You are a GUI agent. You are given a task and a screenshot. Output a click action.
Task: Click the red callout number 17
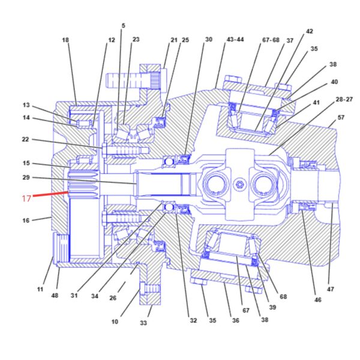[x=26, y=199]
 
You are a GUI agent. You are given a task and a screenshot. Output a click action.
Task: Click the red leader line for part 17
[x=51, y=194]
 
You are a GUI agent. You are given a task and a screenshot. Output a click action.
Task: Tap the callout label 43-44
[x=235, y=40]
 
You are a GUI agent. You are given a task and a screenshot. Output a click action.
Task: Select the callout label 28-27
[x=344, y=99]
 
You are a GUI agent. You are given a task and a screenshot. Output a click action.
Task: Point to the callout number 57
[x=341, y=118]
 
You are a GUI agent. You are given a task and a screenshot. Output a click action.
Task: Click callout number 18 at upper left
[x=65, y=40]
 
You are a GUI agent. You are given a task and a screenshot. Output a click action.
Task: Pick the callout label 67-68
[x=271, y=40]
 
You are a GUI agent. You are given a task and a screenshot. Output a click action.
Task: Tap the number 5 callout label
[x=123, y=25]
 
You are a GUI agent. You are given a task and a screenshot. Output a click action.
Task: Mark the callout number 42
[x=309, y=31]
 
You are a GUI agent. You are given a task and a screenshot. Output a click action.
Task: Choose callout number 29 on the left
[x=26, y=177]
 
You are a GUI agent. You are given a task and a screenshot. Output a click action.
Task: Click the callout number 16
[x=26, y=220]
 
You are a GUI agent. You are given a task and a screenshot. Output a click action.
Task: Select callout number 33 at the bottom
[x=143, y=323]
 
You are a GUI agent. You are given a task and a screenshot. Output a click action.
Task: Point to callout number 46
[x=318, y=299]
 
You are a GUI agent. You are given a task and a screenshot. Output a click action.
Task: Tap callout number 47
[x=330, y=289]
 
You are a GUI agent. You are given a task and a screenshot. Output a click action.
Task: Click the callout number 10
[x=115, y=322]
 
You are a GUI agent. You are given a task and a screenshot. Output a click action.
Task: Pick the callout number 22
[x=25, y=139]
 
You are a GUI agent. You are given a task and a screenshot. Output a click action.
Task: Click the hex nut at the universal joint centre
[x=240, y=184]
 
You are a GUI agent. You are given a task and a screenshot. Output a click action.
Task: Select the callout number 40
[x=334, y=82]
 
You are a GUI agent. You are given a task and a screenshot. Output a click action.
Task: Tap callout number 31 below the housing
[x=74, y=295]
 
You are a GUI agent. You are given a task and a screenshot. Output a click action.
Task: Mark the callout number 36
[x=236, y=320]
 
